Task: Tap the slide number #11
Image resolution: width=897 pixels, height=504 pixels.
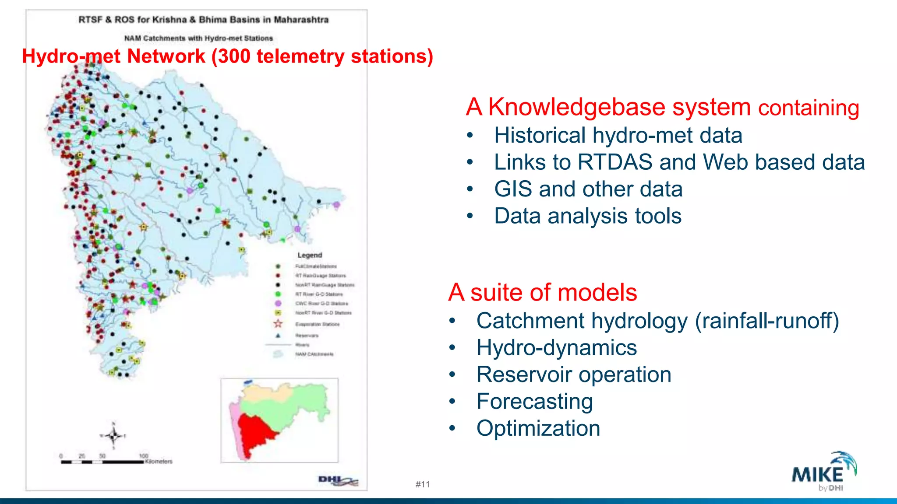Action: [x=423, y=484]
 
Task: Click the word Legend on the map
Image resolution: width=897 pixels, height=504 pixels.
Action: [x=310, y=255]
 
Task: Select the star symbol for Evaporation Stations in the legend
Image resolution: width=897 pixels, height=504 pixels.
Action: [x=278, y=324]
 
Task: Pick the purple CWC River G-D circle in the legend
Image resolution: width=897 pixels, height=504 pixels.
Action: [x=278, y=303]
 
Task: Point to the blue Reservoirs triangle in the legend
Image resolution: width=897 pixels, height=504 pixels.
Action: [x=278, y=336]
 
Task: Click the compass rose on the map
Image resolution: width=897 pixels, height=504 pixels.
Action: [x=114, y=435]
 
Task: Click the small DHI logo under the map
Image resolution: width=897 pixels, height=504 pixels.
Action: [x=338, y=481]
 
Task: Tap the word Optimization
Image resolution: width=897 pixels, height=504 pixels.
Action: [x=538, y=428]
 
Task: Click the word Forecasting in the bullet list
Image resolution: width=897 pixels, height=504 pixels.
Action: [x=534, y=402]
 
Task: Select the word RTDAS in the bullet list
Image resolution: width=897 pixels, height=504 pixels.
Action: [x=615, y=162]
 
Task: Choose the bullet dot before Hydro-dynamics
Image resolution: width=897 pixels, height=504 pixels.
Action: [x=452, y=348]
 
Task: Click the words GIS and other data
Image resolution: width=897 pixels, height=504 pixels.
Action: [x=588, y=189]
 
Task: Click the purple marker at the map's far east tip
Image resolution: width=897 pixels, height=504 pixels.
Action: [x=336, y=205]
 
